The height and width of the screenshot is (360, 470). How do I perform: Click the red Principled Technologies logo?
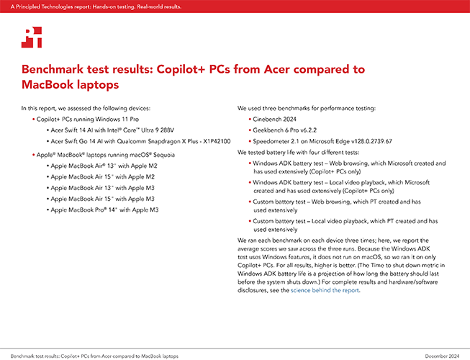point(32,37)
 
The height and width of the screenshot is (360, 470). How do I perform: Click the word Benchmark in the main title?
point(53,69)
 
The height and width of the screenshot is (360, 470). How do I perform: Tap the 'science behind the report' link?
point(325,290)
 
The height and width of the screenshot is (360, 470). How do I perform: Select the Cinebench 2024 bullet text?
point(274,120)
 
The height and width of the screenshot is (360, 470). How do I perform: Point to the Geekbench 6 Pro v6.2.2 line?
point(284,130)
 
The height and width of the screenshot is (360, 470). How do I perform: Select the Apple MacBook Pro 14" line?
point(104,210)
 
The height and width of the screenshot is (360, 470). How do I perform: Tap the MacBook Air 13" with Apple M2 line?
point(104,166)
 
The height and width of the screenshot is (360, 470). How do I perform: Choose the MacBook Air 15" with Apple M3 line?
point(102,199)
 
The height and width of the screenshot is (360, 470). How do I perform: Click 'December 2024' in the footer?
point(442,356)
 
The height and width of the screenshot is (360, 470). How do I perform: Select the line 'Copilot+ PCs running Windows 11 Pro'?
point(88,120)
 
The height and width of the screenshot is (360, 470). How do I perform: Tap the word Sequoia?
point(164,155)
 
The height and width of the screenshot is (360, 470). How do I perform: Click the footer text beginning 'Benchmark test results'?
point(94,356)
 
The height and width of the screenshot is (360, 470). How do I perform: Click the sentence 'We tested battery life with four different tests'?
point(298,152)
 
